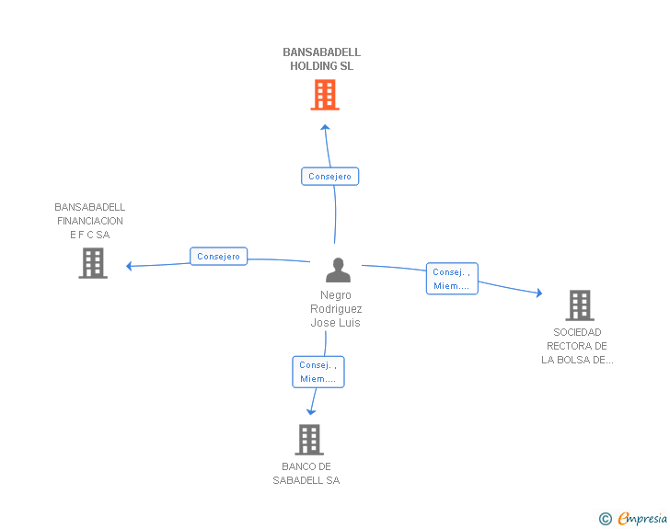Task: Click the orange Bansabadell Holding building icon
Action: pyautogui.click(x=324, y=95)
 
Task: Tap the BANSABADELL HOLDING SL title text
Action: pyautogui.click(x=322, y=59)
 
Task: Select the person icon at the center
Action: pyautogui.click(x=339, y=270)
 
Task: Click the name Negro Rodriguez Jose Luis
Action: pyautogui.click(x=336, y=309)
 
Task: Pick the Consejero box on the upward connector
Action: pyautogui.click(x=329, y=176)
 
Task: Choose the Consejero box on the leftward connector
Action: pyautogui.click(x=218, y=257)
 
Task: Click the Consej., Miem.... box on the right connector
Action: pyautogui.click(x=452, y=279)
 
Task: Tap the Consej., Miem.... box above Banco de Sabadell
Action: pyautogui.click(x=318, y=372)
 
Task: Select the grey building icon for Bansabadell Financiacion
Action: pyautogui.click(x=93, y=263)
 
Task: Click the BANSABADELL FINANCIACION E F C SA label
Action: pyautogui.click(x=89, y=221)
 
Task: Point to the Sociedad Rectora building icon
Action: pyautogui.click(x=579, y=305)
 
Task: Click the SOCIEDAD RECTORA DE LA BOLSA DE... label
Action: pyautogui.click(x=577, y=346)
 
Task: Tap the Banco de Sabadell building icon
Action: pyautogui.click(x=309, y=440)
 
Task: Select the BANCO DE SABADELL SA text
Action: pyautogui.click(x=306, y=474)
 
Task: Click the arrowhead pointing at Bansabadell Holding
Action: pyautogui.click(x=324, y=127)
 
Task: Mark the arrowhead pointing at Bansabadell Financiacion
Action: pyautogui.click(x=130, y=266)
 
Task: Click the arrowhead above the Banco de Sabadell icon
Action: pyautogui.click(x=311, y=411)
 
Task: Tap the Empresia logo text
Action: pyautogui.click(x=642, y=519)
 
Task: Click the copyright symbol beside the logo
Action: pyautogui.click(x=606, y=520)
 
